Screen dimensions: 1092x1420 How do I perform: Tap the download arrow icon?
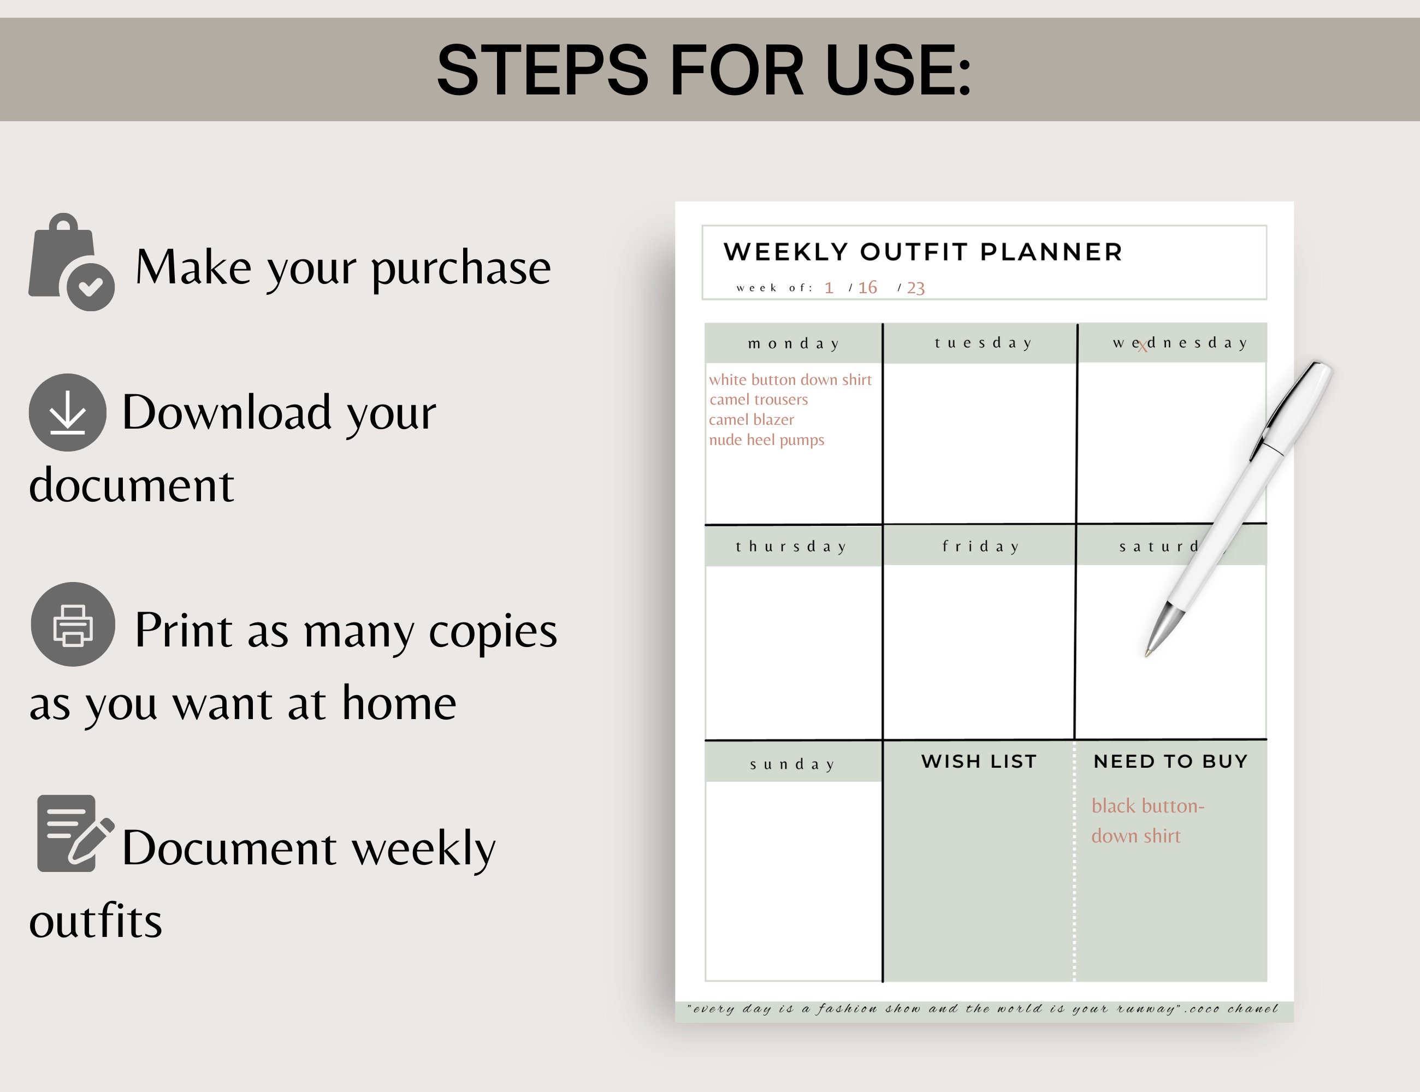(68, 413)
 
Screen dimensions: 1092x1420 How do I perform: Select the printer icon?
(73, 625)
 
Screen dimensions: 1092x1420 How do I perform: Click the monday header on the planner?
(793, 344)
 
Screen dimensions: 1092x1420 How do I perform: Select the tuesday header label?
(983, 343)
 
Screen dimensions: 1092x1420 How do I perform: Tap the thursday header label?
(791, 547)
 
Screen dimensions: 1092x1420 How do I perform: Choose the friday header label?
(980, 547)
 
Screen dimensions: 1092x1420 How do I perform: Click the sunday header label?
(792, 764)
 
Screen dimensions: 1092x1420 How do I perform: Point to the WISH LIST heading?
(979, 761)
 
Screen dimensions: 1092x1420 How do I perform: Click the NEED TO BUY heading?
(1170, 761)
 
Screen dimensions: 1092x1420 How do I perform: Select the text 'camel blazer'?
(751, 420)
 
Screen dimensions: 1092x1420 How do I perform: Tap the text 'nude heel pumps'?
(766, 440)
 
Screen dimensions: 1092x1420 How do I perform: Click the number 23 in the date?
(915, 288)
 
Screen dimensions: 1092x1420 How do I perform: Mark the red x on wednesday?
(1143, 347)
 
